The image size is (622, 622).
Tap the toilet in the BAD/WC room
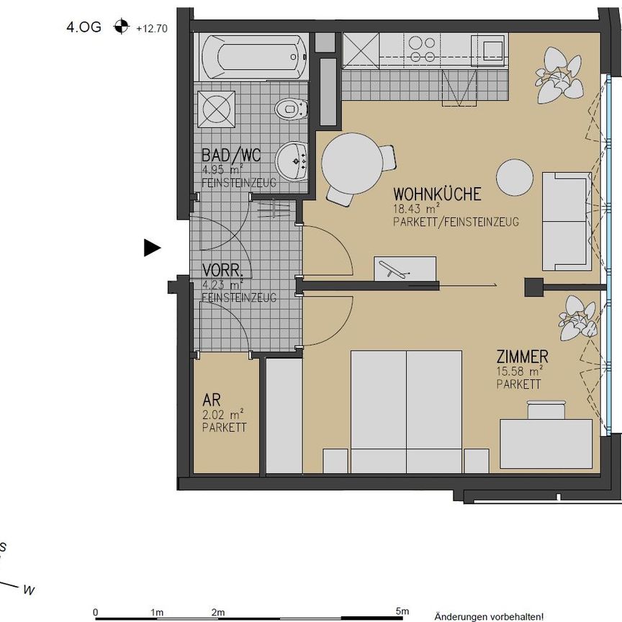292,109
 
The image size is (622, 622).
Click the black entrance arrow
151,248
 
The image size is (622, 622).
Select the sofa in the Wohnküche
567,221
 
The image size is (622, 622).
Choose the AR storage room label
211,399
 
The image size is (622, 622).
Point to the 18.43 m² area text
418,209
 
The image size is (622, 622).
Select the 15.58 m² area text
519,371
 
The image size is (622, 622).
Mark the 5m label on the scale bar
401,612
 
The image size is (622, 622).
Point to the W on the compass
29,590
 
